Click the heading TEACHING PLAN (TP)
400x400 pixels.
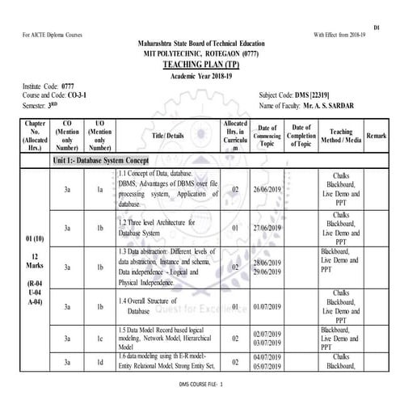(x=200, y=62)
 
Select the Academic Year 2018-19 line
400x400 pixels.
(x=200, y=74)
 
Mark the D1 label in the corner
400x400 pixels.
(x=377, y=27)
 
